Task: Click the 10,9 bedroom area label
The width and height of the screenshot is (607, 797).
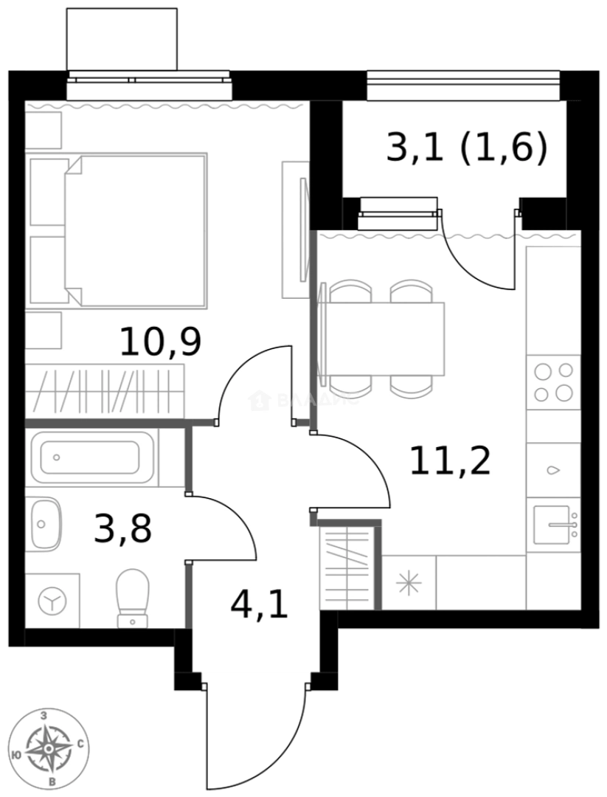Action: (160, 342)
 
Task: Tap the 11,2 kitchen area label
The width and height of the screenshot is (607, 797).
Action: (450, 462)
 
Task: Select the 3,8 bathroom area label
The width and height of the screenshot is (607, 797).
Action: (122, 528)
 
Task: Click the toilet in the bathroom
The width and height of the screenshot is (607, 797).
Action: (133, 596)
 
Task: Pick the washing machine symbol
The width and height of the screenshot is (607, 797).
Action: (52, 601)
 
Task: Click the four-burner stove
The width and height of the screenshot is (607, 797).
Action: (553, 382)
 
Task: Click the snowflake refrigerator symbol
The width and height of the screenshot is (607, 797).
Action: (408, 583)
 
